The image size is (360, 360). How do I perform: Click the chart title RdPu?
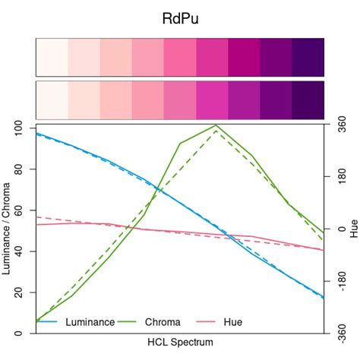click(x=180, y=17)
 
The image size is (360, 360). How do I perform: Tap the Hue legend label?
click(x=233, y=322)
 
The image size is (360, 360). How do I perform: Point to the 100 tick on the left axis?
click(x=19, y=128)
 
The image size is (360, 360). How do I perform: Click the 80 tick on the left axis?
click(x=19, y=169)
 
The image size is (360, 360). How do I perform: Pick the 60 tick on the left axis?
click(x=19, y=210)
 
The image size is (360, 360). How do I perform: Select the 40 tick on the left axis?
click(x=19, y=251)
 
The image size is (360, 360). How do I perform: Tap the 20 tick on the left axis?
click(x=19, y=292)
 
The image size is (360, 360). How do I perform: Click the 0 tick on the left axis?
click(x=19, y=333)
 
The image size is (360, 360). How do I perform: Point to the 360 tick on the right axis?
click(x=341, y=128)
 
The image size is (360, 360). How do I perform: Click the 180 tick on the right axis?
click(x=341, y=178)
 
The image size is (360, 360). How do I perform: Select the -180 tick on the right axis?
click(x=341, y=282)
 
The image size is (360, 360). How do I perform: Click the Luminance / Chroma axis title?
click(x=7, y=229)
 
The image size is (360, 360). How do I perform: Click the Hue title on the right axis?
click(x=354, y=229)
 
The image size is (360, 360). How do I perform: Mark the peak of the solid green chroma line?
click(x=216, y=125)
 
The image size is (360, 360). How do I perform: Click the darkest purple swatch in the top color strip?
click(x=308, y=57)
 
